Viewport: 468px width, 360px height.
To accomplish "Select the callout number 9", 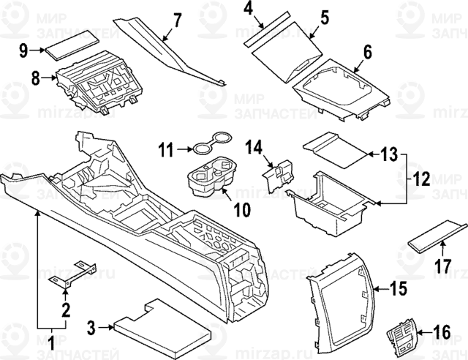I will tap(23, 50).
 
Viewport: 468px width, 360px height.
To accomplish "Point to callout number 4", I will tap(249, 10).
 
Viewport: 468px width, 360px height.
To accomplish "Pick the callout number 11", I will tap(167, 151).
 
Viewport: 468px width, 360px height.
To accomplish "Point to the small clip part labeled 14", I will tap(278, 174).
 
